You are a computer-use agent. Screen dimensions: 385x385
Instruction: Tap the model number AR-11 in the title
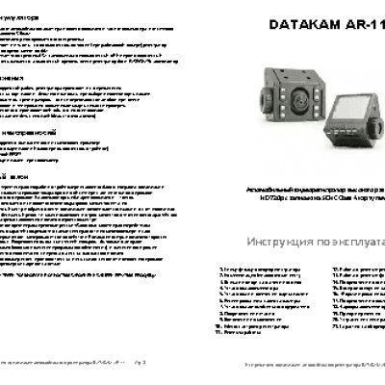coord(362,27)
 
